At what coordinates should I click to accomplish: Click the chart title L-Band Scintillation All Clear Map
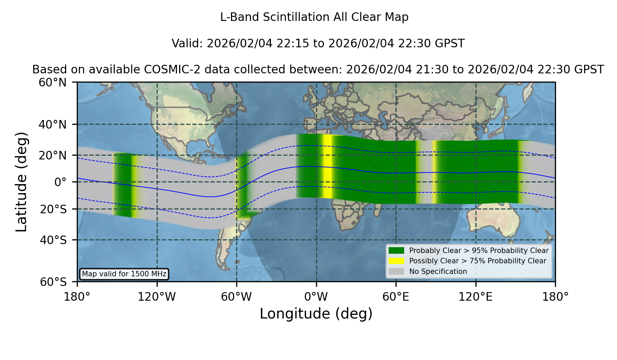point(314,17)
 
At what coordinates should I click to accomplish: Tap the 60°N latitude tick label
point(53,83)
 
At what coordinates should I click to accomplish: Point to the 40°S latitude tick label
point(53,240)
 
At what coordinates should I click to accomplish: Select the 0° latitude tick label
point(61,182)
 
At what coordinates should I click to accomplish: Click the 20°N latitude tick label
point(53,155)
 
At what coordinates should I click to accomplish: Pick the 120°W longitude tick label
point(157,297)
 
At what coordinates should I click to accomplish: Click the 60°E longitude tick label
point(396,297)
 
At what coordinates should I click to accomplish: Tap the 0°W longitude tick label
point(316,297)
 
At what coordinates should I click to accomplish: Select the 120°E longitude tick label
point(476,297)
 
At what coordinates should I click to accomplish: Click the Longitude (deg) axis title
point(316,314)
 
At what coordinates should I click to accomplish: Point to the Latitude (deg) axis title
point(21,182)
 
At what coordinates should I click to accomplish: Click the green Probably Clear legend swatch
point(396,251)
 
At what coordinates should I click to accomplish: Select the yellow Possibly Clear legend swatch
point(396,261)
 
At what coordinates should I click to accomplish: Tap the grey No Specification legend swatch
point(396,272)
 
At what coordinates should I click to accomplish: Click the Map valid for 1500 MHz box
point(124,274)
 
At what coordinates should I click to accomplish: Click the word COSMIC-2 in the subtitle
point(166,70)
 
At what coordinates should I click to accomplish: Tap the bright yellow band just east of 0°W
point(327,166)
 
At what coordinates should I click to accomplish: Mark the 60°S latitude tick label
point(53,282)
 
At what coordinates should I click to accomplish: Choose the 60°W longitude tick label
point(237,297)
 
